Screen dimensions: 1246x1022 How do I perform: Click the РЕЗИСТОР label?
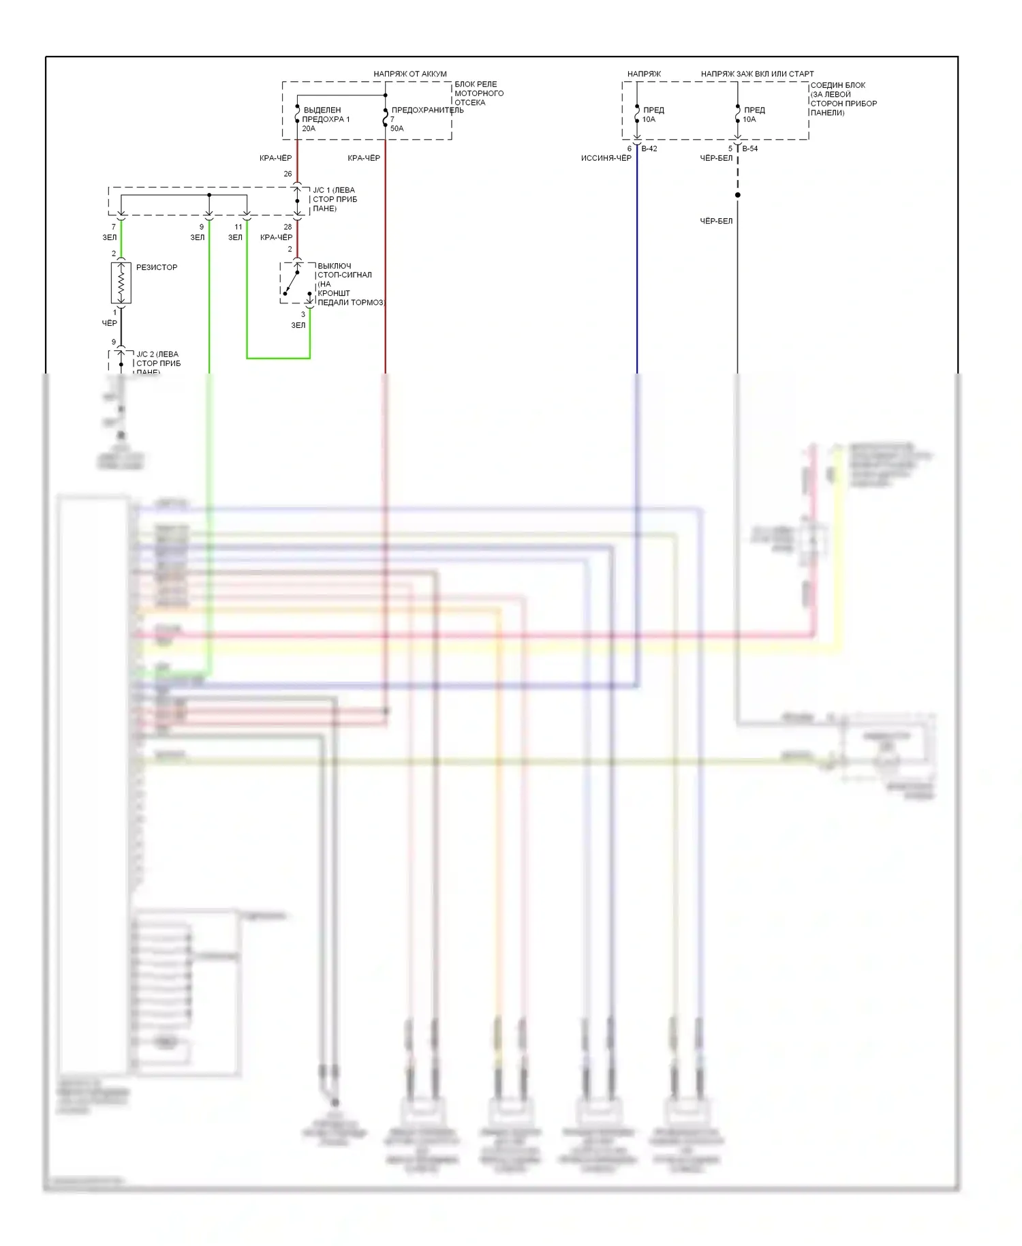(x=157, y=267)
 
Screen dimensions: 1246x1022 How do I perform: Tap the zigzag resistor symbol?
(x=121, y=283)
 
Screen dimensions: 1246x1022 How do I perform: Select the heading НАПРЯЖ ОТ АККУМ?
(x=410, y=74)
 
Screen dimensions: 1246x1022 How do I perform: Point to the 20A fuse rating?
(x=309, y=128)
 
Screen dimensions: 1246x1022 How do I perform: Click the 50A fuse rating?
(x=397, y=128)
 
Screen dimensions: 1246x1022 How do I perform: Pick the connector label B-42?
(x=649, y=149)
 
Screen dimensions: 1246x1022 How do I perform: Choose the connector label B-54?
(x=749, y=149)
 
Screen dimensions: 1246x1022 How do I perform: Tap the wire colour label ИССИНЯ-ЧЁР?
(x=606, y=158)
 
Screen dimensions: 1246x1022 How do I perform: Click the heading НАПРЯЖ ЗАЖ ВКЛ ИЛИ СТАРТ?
(x=757, y=74)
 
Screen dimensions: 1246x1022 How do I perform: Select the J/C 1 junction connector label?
(x=335, y=199)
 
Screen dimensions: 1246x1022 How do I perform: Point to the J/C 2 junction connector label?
(x=158, y=362)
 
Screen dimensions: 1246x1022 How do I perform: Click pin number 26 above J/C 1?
(x=288, y=174)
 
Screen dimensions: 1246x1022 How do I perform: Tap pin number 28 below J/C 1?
(x=288, y=227)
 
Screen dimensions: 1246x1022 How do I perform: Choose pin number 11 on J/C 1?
(x=238, y=227)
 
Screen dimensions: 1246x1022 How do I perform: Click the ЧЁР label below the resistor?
(x=109, y=323)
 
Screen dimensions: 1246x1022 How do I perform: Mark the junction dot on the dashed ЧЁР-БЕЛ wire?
(x=737, y=195)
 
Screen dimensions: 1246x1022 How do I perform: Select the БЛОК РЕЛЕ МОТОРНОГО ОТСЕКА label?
(x=479, y=93)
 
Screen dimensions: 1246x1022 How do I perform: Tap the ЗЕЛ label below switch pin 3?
(x=298, y=325)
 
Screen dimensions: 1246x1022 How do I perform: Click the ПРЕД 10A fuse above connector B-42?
(x=638, y=115)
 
